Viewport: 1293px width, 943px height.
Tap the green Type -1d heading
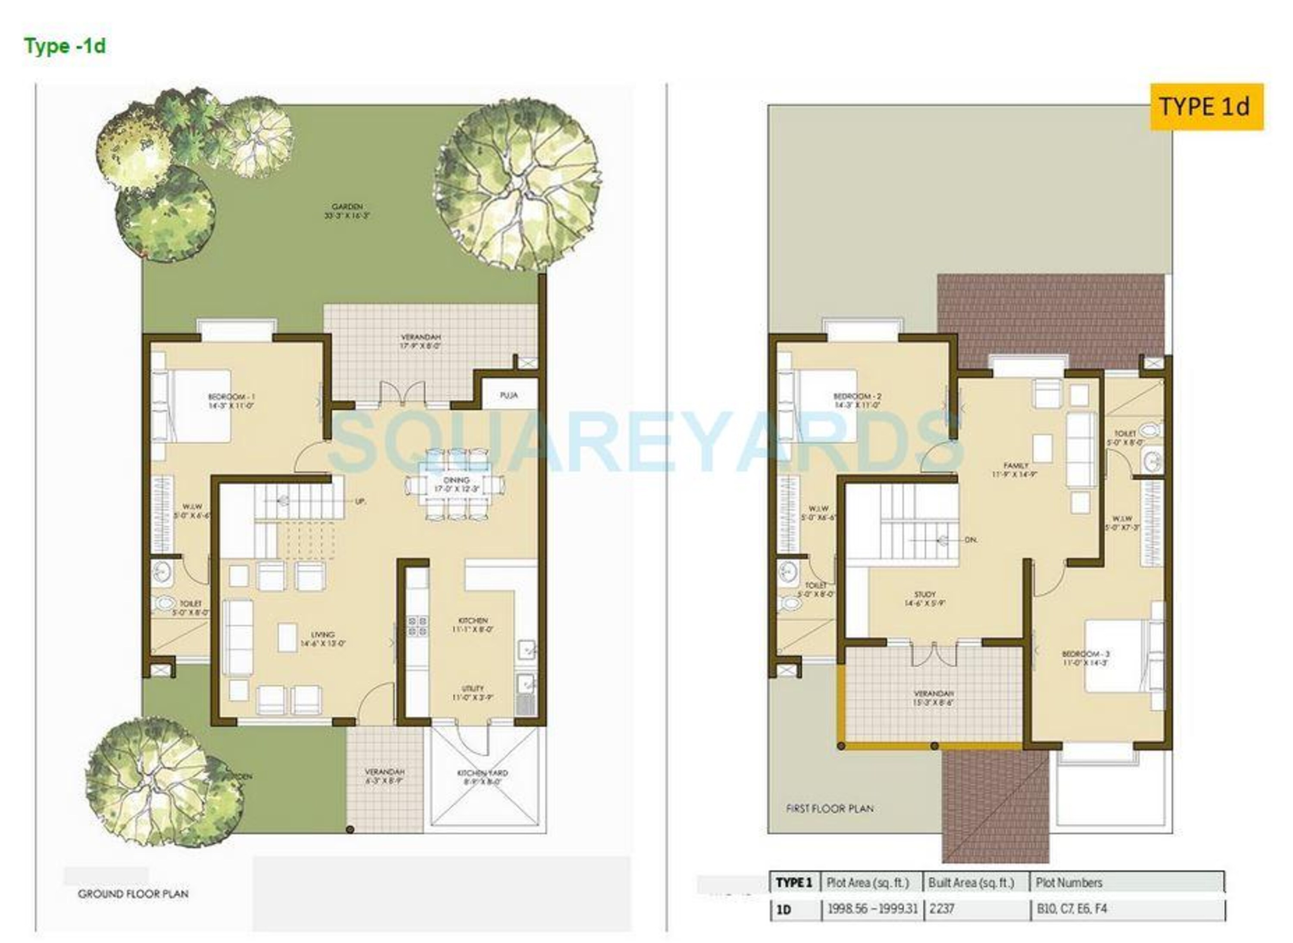pos(65,46)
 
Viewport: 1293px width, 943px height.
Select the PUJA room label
pos(508,394)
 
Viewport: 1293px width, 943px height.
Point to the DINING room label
pos(456,480)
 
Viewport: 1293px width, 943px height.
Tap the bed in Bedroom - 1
pos(202,405)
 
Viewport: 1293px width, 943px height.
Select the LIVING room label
pos(322,634)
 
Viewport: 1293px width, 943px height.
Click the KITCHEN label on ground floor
pos(473,620)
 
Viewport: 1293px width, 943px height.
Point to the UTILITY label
pos(473,688)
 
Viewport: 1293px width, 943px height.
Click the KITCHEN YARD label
pos(482,773)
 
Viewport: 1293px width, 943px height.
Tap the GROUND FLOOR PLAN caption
pos(133,894)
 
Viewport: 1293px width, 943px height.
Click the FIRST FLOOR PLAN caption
pos(830,808)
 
